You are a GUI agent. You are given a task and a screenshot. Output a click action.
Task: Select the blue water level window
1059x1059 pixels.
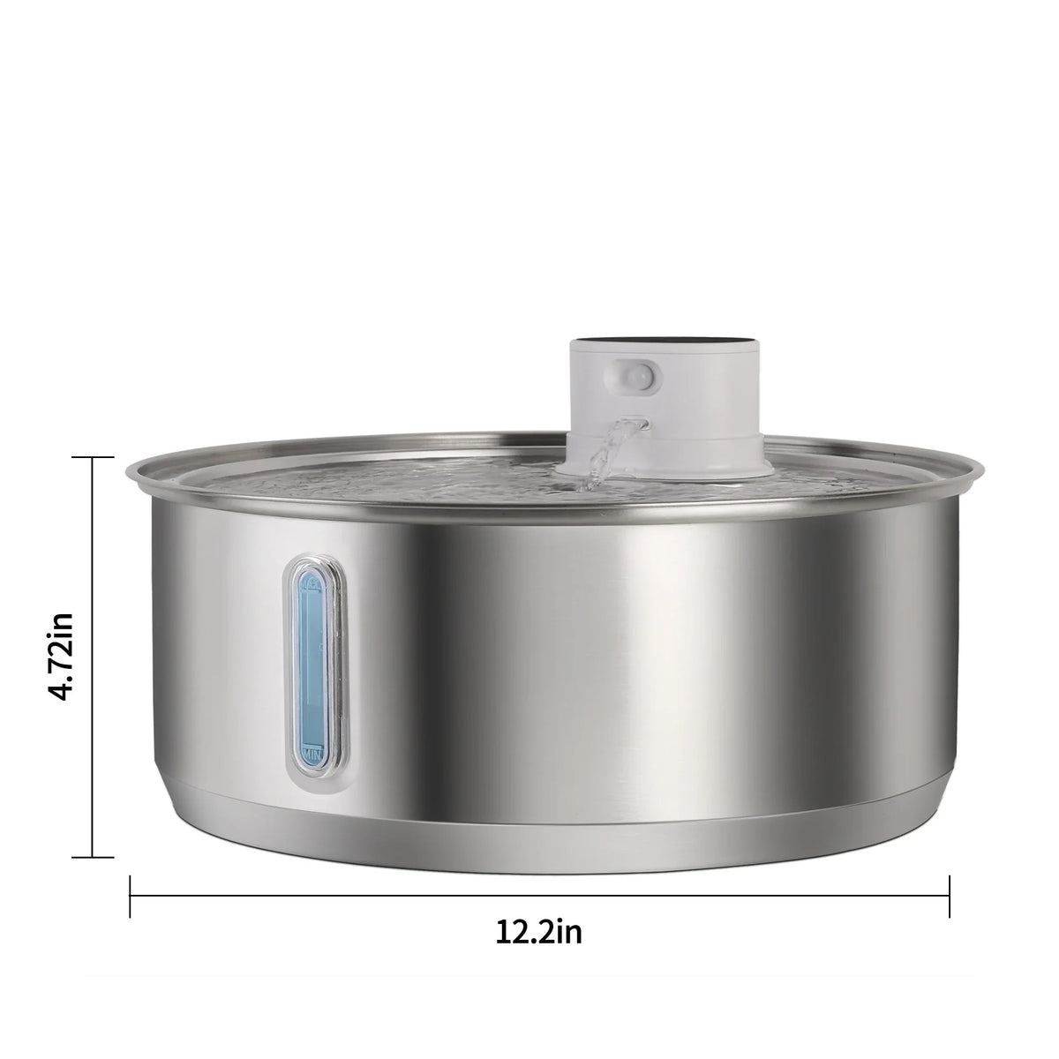(x=312, y=666)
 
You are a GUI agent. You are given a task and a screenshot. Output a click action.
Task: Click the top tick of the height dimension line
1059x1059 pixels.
(x=93, y=457)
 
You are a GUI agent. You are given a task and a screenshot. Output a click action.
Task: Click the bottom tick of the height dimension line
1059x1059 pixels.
(x=93, y=856)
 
